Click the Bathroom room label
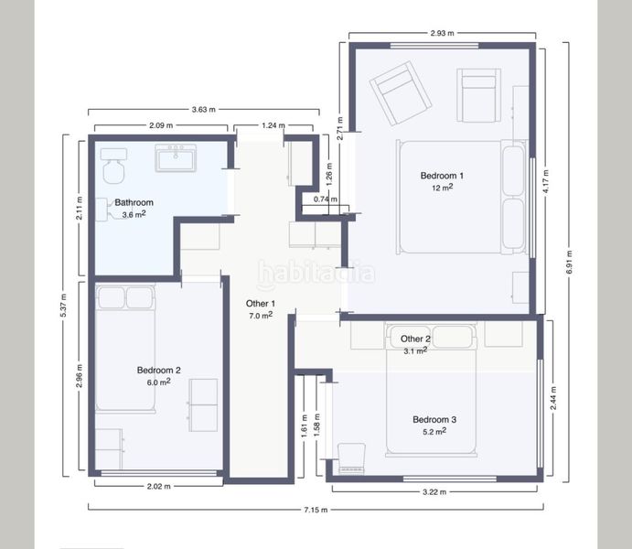pyautogui.click(x=134, y=202)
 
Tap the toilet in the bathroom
pyautogui.click(x=113, y=166)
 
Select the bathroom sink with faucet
pyautogui.click(x=176, y=158)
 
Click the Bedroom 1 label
pyautogui.click(x=442, y=176)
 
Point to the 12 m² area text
pyautogui.click(x=442, y=188)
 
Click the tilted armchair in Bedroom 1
pyautogui.click(x=401, y=93)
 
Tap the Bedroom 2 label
pyautogui.click(x=158, y=370)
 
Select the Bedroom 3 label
pyautogui.click(x=434, y=420)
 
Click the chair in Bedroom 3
pyautogui.click(x=351, y=458)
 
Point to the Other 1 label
pyautogui.click(x=261, y=304)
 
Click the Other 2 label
pyautogui.click(x=415, y=339)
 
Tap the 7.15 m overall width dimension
pyautogui.click(x=316, y=510)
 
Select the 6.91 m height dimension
pyautogui.click(x=569, y=262)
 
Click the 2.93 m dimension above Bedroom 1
pyautogui.click(x=442, y=33)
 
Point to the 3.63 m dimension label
pyautogui.click(x=204, y=109)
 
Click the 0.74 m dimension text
pyautogui.click(x=326, y=199)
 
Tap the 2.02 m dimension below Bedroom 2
pyautogui.click(x=158, y=486)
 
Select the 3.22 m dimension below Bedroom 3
pyautogui.click(x=434, y=491)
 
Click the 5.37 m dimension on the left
pyautogui.click(x=63, y=305)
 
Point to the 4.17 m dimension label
pyautogui.click(x=546, y=181)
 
